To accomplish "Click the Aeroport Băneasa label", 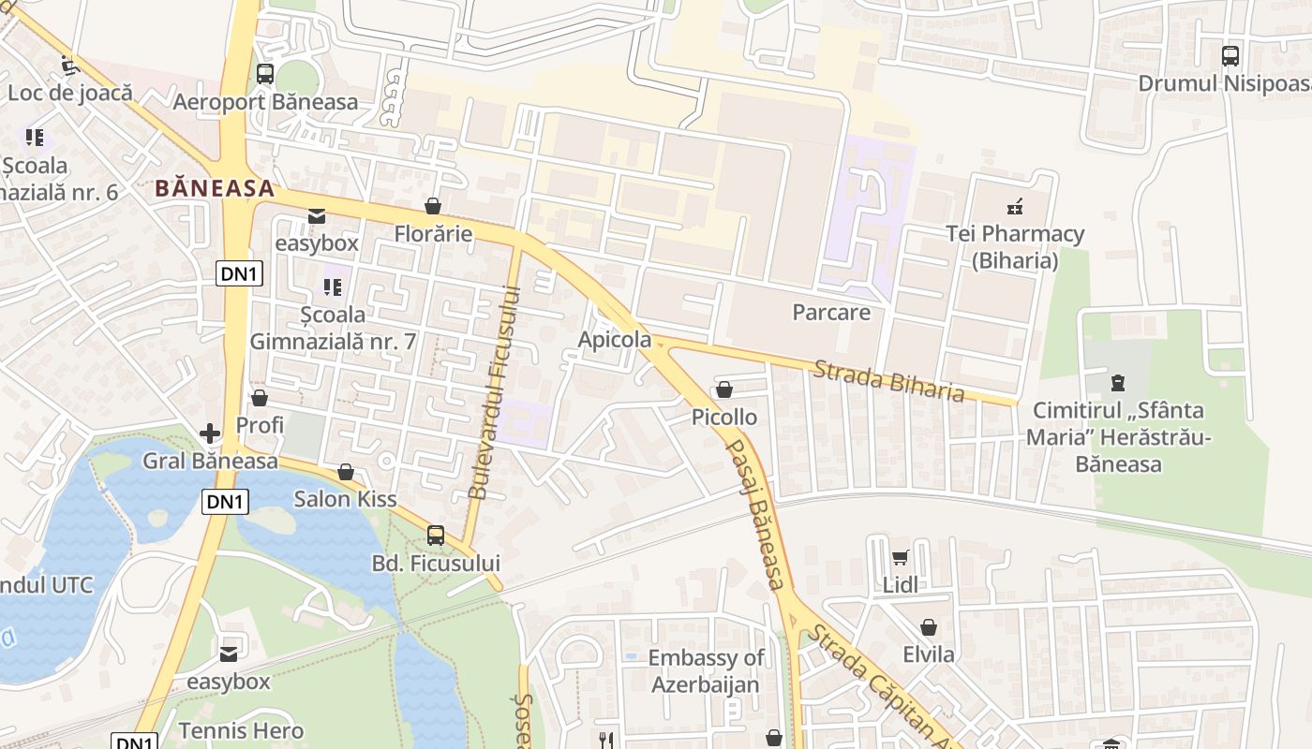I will (x=265, y=101).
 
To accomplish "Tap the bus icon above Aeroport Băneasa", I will (x=265, y=74).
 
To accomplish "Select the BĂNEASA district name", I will (x=215, y=188).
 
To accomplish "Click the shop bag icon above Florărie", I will (x=433, y=206).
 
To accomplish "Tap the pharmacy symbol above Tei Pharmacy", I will (x=1014, y=206).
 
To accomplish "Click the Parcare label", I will (x=831, y=312).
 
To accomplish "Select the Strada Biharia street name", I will (x=888, y=380).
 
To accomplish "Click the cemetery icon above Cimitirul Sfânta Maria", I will (x=1117, y=382).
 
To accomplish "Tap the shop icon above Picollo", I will (x=724, y=389).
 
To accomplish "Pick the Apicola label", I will (x=615, y=339).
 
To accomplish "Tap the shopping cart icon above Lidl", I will (x=901, y=558).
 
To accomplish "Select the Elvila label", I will (x=929, y=654).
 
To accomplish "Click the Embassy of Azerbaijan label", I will (x=706, y=670).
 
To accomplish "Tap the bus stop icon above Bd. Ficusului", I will (x=436, y=536).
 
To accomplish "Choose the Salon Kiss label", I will (x=345, y=498).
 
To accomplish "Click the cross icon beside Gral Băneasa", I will (x=210, y=433).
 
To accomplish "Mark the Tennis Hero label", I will (x=241, y=730).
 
